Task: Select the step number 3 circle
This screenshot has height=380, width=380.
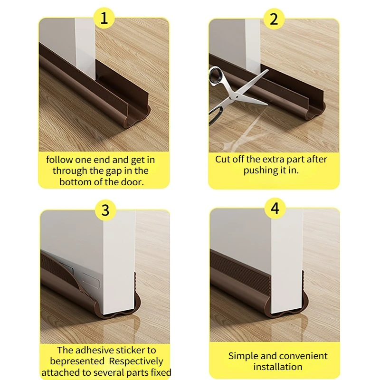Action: tap(104, 210)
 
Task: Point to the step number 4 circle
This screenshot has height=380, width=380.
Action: tap(274, 208)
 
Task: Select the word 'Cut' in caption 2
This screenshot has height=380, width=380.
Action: tap(223, 159)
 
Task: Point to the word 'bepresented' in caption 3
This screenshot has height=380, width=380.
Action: tap(76, 361)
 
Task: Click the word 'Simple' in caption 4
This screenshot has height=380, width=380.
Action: tap(244, 356)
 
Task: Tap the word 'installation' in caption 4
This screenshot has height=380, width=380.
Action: tap(277, 367)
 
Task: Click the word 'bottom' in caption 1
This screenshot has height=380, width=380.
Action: tap(75, 182)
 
